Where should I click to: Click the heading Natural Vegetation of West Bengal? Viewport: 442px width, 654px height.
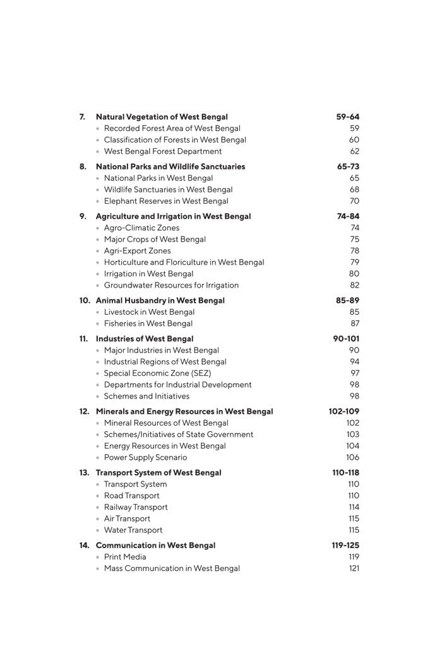pos(162,117)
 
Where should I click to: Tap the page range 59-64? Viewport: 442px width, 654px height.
pos(347,117)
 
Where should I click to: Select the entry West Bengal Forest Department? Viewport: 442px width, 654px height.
pos(163,151)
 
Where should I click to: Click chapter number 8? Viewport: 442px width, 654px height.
pos(83,166)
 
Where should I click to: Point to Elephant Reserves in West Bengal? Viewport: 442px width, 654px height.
pos(166,201)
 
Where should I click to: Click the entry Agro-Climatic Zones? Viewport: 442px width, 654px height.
pos(141,228)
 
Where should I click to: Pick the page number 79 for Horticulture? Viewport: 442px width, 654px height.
pos(354,262)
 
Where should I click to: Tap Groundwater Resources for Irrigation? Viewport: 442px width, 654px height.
pos(171,285)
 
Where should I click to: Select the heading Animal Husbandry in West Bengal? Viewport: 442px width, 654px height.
pos(160,300)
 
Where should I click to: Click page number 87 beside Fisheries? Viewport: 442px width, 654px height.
pos(354,324)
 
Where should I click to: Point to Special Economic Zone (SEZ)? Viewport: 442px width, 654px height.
pos(157,373)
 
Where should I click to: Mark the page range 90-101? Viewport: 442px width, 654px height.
pos(346,339)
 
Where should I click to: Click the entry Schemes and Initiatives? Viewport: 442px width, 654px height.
pos(146,396)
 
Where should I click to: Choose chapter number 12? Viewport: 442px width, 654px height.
pos(85,411)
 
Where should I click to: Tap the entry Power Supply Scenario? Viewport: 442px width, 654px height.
pos(145,457)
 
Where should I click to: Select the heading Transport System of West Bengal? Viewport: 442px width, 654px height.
pos(158,472)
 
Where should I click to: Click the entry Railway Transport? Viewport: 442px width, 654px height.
pos(136,507)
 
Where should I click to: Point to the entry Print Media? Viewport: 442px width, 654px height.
pos(125,557)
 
